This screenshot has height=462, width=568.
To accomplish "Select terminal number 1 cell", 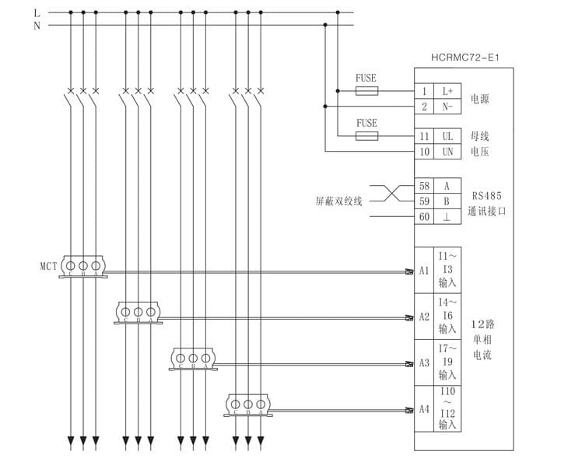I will (x=424, y=91).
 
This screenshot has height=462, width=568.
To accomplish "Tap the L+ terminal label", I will (x=447, y=91).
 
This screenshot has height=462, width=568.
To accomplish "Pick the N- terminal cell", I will (x=447, y=107).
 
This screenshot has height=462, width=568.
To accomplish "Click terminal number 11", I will (x=424, y=136).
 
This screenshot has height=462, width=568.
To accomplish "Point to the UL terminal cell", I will (x=447, y=136).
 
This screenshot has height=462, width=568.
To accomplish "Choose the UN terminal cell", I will (x=447, y=152).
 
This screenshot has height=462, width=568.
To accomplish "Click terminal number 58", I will (x=424, y=186).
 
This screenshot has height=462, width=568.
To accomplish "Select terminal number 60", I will (x=424, y=217).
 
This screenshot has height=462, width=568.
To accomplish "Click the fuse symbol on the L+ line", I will (x=366, y=91).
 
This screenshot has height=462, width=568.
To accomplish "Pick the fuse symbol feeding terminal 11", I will (x=366, y=136).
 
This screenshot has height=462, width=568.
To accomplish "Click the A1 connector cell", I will (x=424, y=271).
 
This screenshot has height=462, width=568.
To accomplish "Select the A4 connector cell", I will (x=424, y=409).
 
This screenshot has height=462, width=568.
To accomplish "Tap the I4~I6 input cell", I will (x=447, y=317).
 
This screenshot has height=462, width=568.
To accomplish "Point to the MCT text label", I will (x=49, y=265).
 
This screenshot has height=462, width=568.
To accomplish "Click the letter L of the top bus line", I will (x=37, y=12).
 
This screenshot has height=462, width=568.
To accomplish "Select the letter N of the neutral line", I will (x=37, y=26).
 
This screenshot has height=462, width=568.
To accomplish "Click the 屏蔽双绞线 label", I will (x=338, y=201).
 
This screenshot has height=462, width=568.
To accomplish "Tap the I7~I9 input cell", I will (x=447, y=362).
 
